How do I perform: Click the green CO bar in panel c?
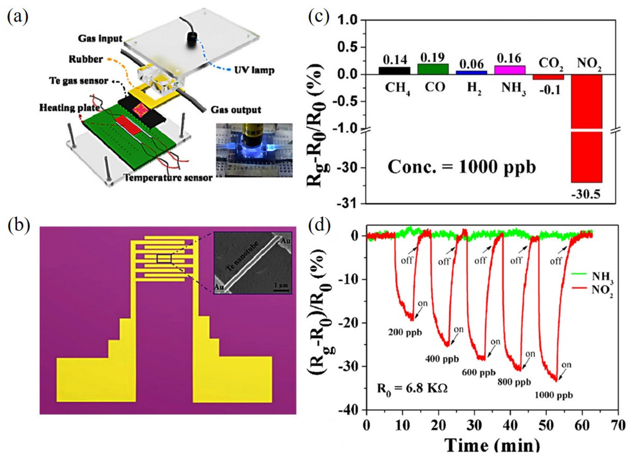(x=433, y=69)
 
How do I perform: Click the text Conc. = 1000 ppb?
(x=462, y=167)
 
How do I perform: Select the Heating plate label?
(x=69, y=108)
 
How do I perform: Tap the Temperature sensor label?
(x=168, y=178)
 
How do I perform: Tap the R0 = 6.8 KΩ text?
(x=412, y=388)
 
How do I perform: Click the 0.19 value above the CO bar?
(x=432, y=58)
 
